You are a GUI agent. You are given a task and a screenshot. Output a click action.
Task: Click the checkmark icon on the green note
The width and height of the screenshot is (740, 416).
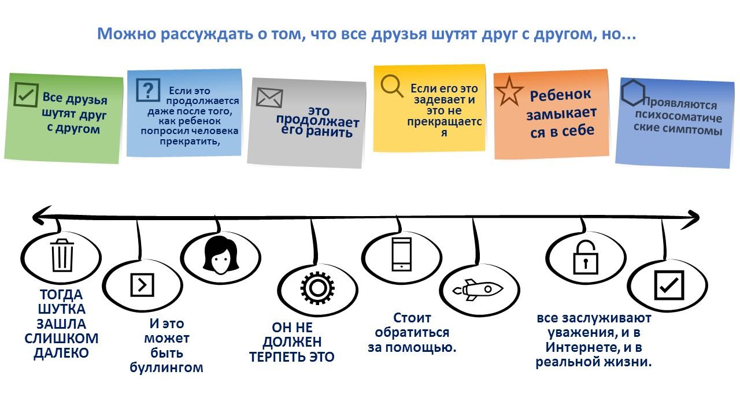pos(26,95)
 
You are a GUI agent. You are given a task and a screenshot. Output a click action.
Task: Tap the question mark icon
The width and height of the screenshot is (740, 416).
pos(148,90)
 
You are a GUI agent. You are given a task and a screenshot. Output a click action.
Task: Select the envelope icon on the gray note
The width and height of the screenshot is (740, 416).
pos(269,98)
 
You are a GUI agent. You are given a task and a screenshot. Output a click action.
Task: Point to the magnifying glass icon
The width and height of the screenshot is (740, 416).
pos(392,86)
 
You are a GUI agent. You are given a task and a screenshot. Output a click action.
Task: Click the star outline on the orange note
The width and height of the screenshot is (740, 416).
pos(509,91)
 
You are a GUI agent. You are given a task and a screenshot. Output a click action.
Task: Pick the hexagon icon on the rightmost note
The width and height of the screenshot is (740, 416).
pos(632,93)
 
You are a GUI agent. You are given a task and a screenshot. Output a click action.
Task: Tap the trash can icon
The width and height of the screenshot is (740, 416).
pos(61,255)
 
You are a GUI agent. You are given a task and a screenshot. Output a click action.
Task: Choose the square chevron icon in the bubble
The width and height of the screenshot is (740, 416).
pos(142,285)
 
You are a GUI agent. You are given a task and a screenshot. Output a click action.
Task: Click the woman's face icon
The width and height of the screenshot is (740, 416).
pos(221,255)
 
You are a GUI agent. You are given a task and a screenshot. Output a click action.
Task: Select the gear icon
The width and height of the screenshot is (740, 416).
pos(317,288)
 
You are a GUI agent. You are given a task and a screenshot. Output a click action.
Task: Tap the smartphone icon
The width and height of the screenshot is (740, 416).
pos(401,254)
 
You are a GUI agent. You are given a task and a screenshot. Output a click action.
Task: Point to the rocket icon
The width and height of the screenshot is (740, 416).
pos(478,290)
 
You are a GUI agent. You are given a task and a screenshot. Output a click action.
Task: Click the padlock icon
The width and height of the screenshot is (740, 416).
pos(586,258)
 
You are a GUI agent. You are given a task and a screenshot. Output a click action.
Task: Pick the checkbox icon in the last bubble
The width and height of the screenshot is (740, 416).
pos(669,285)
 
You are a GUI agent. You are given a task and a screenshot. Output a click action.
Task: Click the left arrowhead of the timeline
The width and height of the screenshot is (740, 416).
pos(38,216)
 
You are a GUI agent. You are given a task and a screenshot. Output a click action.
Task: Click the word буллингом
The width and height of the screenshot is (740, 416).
pos(166,367)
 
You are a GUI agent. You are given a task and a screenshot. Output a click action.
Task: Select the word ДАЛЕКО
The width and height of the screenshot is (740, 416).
pos(61,353)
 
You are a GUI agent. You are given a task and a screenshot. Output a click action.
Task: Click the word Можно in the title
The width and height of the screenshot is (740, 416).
pos(127,34)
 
